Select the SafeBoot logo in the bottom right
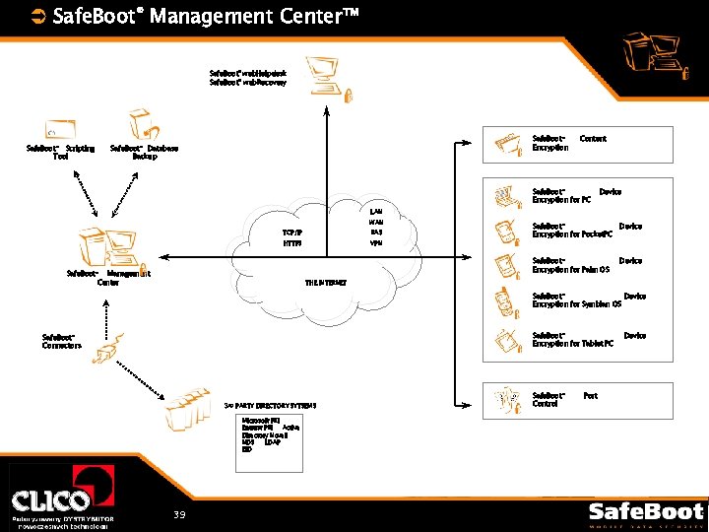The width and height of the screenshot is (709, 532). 646,513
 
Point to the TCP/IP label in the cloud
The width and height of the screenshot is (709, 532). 292,233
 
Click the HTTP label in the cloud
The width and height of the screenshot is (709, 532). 291,243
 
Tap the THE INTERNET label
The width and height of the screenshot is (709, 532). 325,283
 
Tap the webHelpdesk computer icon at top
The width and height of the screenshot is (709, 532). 323,75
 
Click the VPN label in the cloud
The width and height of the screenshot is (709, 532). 376,242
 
